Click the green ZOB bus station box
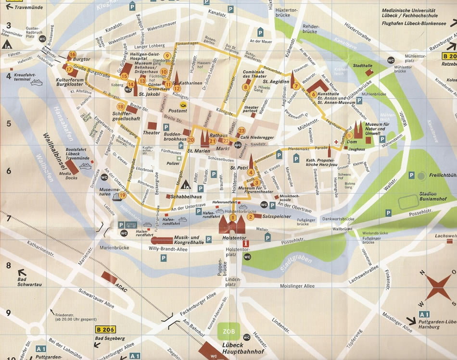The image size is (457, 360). pos(228,331)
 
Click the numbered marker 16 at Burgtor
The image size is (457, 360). pos(73,54)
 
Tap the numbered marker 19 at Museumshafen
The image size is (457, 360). pos(123,195)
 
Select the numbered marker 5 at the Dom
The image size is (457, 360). pos(349,135)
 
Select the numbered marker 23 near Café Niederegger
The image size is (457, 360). pos(241,130)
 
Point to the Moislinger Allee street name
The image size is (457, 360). pos(294,286)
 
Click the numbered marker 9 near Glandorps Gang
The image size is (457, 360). pos(166,56)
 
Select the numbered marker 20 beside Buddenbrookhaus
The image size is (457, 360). pos(191,140)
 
